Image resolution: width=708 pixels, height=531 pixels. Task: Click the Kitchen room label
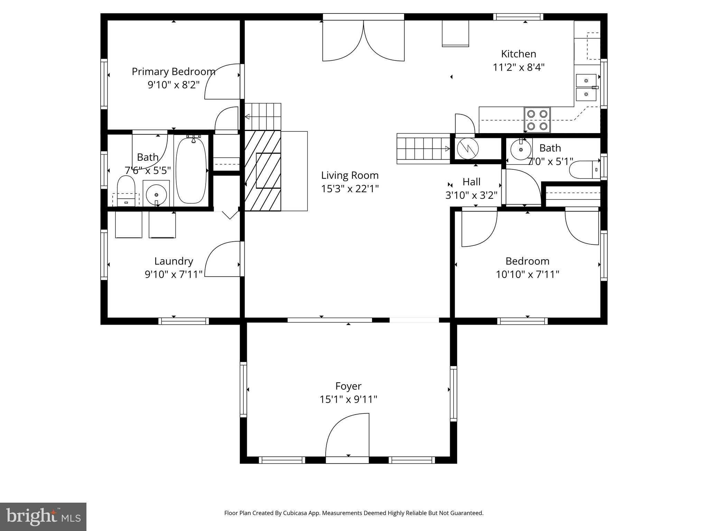coord(519,54)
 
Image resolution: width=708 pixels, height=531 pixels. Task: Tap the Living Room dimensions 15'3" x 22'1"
coord(350,189)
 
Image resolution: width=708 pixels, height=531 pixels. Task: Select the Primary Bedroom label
coord(173,72)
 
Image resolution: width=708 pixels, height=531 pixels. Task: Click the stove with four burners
coord(537,120)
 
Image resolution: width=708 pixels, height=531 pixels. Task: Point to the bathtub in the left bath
coord(191,171)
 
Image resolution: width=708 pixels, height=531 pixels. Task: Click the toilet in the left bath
coord(126,190)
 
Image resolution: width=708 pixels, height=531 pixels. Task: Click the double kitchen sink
coord(586,87)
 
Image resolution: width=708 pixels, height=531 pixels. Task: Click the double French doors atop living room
coord(363,41)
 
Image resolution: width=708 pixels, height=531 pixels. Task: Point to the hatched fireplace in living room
coord(263,170)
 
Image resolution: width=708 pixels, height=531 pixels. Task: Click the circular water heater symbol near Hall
coord(467,148)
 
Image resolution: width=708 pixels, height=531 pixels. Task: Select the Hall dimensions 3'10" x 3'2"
coord(471,195)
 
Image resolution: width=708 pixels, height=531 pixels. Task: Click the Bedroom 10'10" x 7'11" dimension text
coord(528,274)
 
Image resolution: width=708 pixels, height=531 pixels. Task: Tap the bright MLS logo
coord(43,517)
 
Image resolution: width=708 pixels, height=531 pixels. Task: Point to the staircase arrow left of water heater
coord(447,149)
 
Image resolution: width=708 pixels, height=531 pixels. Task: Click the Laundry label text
coord(174,261)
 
